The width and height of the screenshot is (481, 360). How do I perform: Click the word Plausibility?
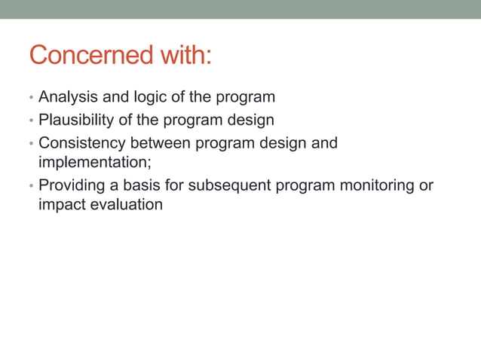click(72, 120)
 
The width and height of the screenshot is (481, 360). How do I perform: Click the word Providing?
click(70, 185)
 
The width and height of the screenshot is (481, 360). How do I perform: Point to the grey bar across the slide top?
click(240, 9)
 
